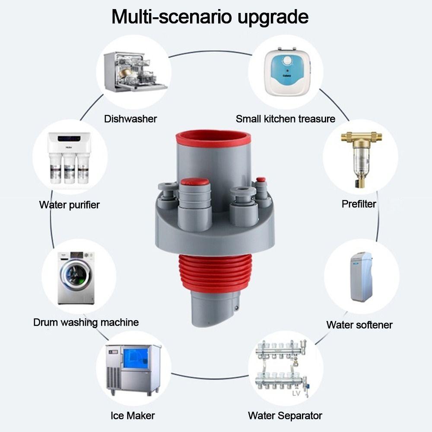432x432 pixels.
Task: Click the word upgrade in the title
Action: tap(273, 18)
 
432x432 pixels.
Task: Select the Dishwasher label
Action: tap(130, 119)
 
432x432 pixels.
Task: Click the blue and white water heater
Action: tap(287, 72)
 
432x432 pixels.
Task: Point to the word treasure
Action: tap(317, 119)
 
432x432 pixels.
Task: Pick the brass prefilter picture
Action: tap(361, 159)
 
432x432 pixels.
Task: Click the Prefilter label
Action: tap(359, 204)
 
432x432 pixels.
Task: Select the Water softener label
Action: tap(359, 325)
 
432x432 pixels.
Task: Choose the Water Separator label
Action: tap(285, 416)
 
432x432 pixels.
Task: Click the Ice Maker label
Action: tap(133, 416)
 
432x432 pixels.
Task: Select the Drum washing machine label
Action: tap(86, 322)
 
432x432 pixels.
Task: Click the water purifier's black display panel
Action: tap(69, 138)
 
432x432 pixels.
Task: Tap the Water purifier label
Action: tap(70, 205)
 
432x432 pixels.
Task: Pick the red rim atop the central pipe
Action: tap(213, 138)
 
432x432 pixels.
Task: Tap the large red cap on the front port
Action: tap(195, 181)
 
